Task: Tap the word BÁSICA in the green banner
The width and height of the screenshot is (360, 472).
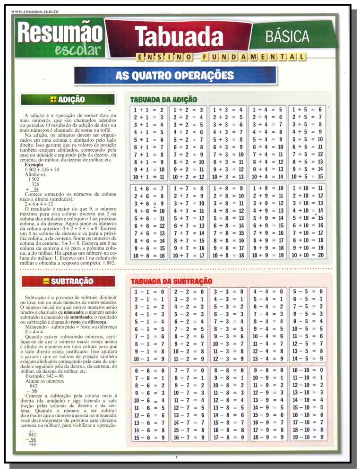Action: (x=287, y=36)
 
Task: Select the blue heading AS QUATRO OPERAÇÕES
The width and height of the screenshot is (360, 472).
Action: (x=175, y=75)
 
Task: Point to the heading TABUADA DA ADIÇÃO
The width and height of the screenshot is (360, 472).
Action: (x=163, y=100)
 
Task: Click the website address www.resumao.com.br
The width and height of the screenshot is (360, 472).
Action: (x=32, y=10)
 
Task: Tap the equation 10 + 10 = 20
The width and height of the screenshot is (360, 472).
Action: (x=308, y=256)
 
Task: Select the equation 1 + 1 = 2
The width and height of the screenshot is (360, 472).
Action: (x=148, y=110)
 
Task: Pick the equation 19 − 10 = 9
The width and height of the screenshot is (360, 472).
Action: (x=308, y=437)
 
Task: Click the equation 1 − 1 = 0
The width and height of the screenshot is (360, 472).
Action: (x=148, y=292)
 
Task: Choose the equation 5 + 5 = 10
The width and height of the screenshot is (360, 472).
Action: (x=308, y=139)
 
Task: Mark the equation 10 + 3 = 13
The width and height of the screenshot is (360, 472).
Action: (x=228, y=177)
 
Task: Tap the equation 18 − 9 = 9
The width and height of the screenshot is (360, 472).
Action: (x=267, y=437)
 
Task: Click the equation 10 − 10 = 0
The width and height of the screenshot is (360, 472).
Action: (x=308, y=370)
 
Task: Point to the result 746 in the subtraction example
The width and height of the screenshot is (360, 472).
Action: (x=33, y=444)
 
